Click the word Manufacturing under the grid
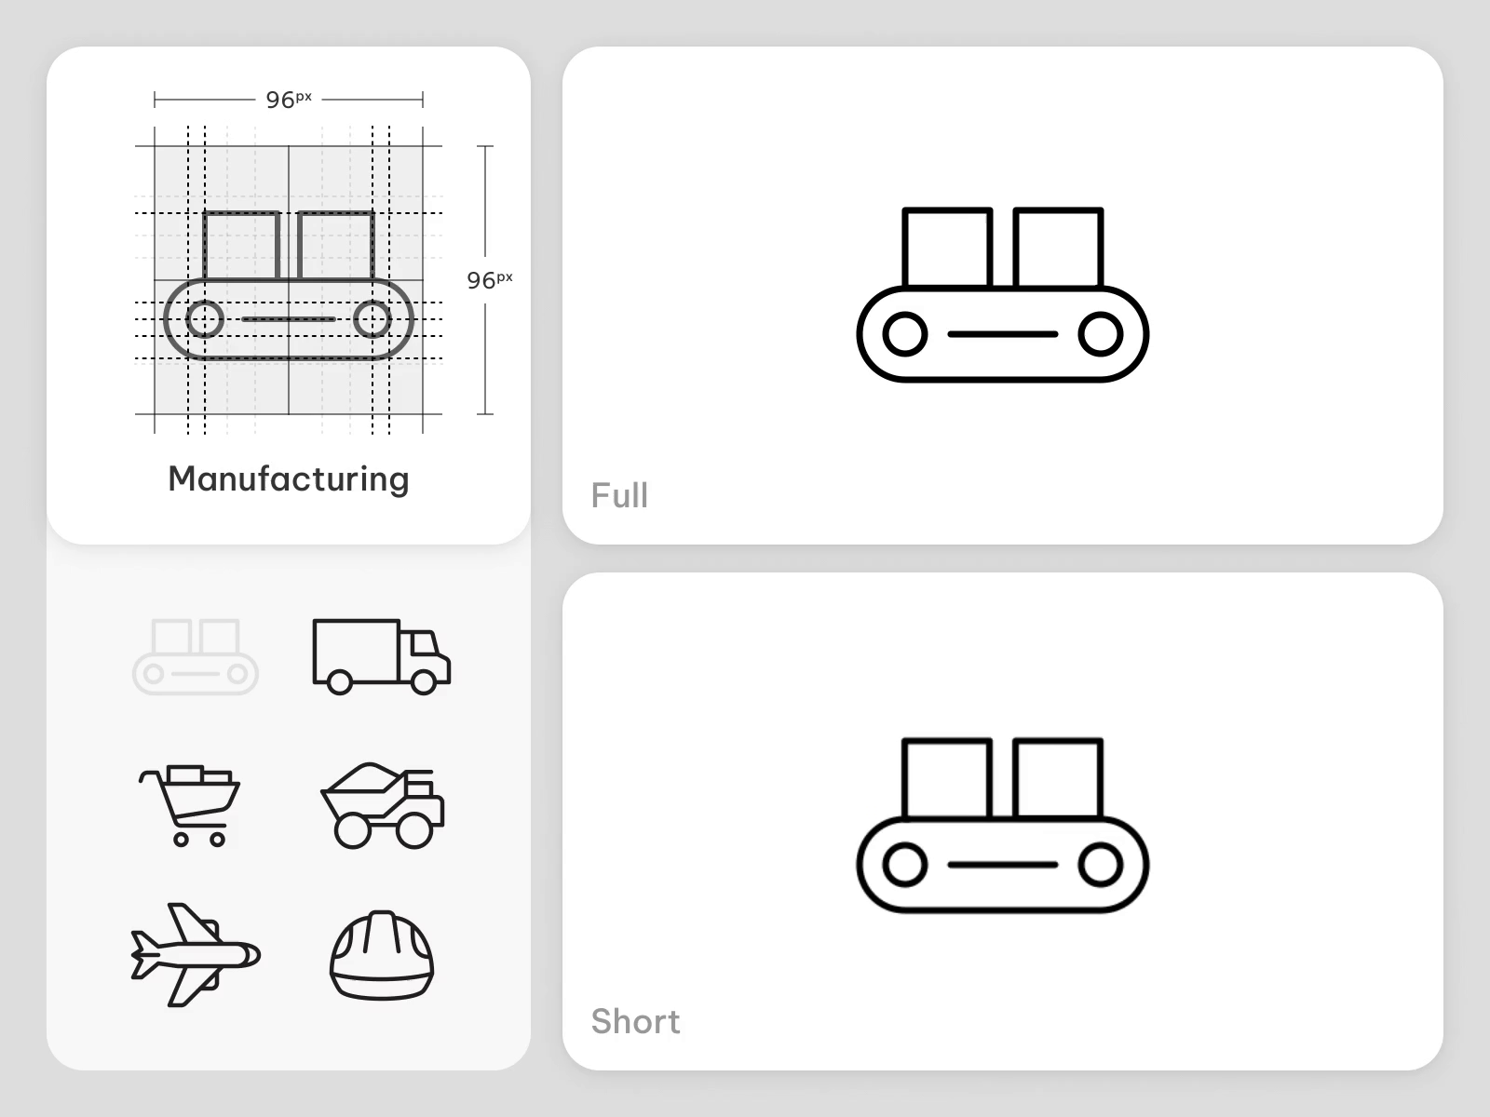click(x=289, y=478)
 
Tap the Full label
click(x=619, y=495)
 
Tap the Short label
click(x=635, y=1021)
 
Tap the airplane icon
click(x=196, y=954)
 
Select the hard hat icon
click(x=382, y=955)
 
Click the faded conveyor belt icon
click(x=196, y=656)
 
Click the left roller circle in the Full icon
click(x=904, y=334)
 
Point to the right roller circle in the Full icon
click(x=1100, y=334)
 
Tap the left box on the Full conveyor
click(x=946, y=248)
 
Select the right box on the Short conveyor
click(x=1058, y=778)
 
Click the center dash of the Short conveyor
click(x=1002, y=865)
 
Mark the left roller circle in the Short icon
click(x=904, y=865)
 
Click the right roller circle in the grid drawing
click(x=372, y=319)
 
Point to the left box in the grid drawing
click(x=241, y=246)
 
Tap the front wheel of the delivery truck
click(x=424, y=682)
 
